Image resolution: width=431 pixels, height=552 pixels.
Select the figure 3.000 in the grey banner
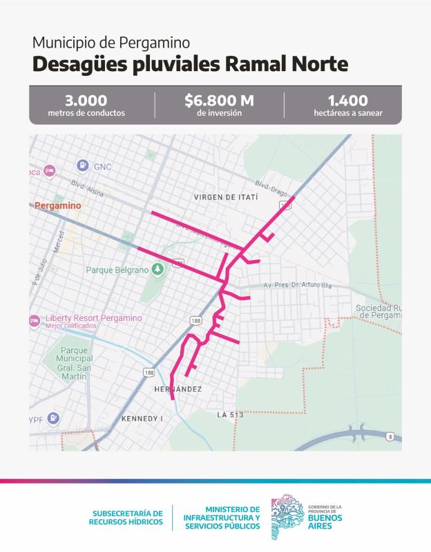coord(86,101)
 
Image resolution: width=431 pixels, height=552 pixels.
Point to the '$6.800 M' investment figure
coord(219,101)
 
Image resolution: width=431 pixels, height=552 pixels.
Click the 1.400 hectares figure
coord(347,101)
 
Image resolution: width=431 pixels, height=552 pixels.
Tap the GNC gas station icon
coord(82,166)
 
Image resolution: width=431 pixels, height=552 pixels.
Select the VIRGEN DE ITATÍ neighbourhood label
coord(225,197)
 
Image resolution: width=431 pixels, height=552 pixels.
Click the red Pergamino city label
coord(57,206)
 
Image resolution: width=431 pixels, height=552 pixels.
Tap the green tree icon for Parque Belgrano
coord(157,269)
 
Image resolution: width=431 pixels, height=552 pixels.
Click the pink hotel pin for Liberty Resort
coord(33,320)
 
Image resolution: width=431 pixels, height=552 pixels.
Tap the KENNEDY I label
coord(141,419)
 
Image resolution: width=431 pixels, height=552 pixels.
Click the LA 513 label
coord(230,415)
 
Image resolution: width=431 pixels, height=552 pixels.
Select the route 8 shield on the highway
coord(390,437)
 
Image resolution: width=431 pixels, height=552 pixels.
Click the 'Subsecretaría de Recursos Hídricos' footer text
coord(127,517)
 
